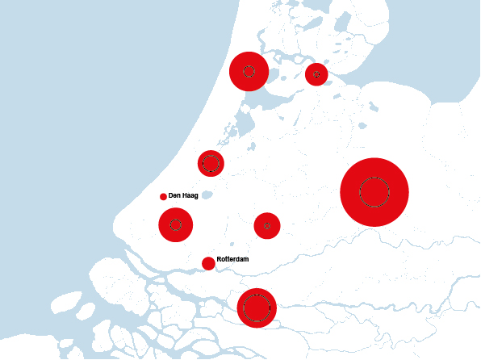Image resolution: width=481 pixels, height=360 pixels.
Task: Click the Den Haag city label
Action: tap(183, 196)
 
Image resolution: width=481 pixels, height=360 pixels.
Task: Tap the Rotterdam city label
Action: tap(232, 259)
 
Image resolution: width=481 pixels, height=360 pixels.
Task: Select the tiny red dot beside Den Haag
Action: tap(163, 196)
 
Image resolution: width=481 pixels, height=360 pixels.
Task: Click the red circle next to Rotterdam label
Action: tap(208, 263)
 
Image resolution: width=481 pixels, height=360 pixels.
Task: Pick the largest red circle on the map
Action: tap(374, 192)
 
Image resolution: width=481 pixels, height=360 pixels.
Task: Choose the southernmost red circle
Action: tap(257, 308)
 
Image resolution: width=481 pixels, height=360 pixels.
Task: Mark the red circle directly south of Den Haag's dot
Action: tap(175, 224)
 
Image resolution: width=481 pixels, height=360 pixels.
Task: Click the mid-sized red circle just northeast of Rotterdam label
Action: tap(267, 225)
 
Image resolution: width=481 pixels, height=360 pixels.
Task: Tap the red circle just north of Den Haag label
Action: tap(211, 163)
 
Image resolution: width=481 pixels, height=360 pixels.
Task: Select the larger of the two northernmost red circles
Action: tap(249, 71)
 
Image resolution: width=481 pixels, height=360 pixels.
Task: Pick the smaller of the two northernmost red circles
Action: tap(316, 74)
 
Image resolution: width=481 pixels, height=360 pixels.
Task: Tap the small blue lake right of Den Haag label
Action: tap(207, 195)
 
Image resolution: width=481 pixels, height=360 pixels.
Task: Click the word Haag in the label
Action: tap(190, 196)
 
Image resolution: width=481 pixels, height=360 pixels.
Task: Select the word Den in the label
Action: tap(174, 196)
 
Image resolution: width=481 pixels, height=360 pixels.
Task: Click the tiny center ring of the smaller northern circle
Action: tap(316, 74)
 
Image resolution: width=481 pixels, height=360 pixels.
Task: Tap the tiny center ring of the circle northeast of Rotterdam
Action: tap(267, 225)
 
